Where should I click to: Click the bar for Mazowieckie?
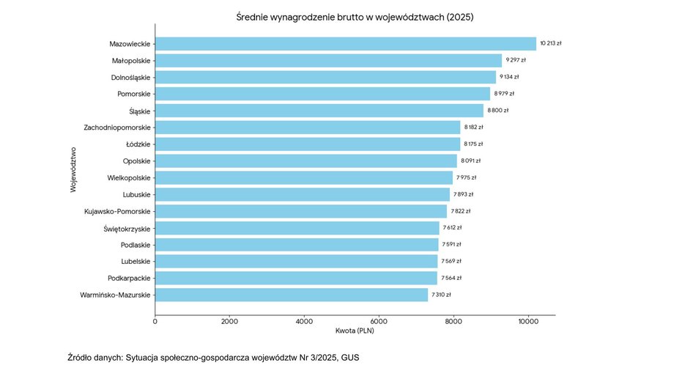pos(345,44)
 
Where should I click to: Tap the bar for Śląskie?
pos(319,111)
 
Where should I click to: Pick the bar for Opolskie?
pos(305,161)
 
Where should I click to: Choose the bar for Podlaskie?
pos(297,244)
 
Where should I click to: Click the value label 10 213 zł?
pos(551,44)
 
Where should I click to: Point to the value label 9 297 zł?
pos(516,60)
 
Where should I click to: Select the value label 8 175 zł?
pos(474,144)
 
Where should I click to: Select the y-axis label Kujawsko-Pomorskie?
pos(118,211)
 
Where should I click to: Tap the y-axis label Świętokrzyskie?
pos(127,228)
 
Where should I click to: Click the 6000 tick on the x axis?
pos(379,321)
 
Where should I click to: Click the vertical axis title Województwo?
pos(74,169)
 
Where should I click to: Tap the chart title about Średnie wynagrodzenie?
pos(355,17)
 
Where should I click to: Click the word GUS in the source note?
pos(350,358)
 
